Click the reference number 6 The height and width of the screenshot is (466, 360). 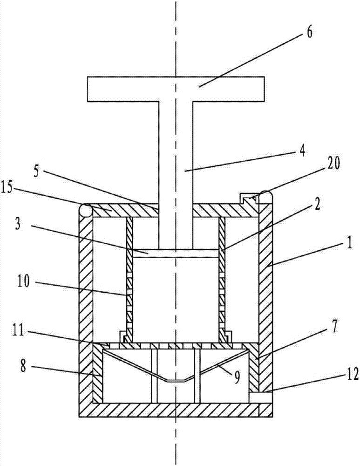pos(309,33)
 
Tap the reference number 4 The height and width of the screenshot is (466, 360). pos(301,151)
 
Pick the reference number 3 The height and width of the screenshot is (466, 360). pos(18,225)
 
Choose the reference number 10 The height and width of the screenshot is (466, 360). pos(23,281)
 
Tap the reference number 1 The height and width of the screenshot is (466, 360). pos(349,243)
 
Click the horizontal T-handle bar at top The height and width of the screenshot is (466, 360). pos(176,89)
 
